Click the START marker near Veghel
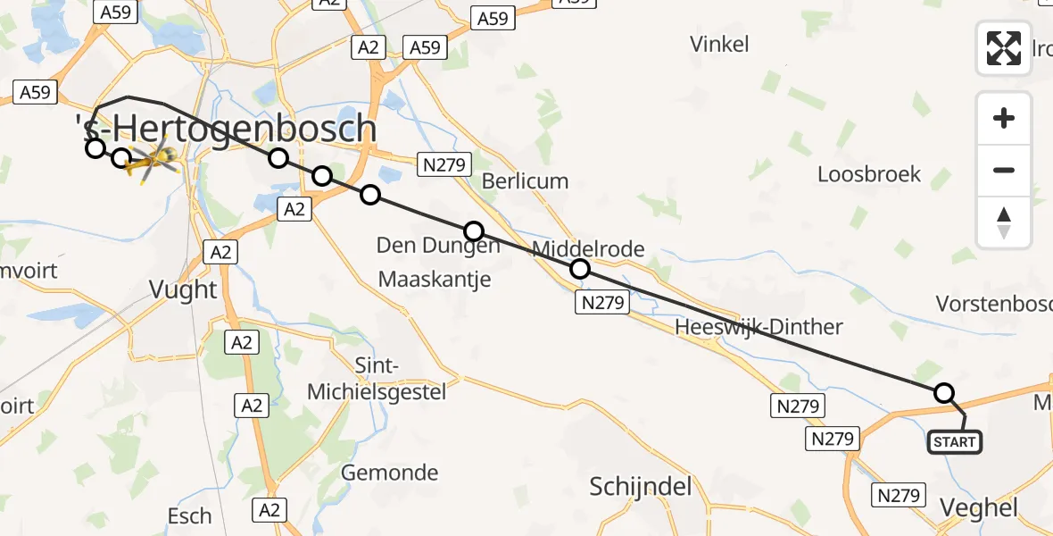955,441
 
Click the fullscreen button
1004,47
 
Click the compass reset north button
1004,222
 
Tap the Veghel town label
979,508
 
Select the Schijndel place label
641,487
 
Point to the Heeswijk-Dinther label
759,327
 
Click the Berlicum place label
525,181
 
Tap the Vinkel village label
719,45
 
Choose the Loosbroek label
869,174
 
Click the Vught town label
184,289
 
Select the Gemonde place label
390,473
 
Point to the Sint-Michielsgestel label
377,379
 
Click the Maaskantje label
435,280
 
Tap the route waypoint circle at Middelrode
580,268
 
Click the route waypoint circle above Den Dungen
473,231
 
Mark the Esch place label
190,515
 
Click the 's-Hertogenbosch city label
228,130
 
